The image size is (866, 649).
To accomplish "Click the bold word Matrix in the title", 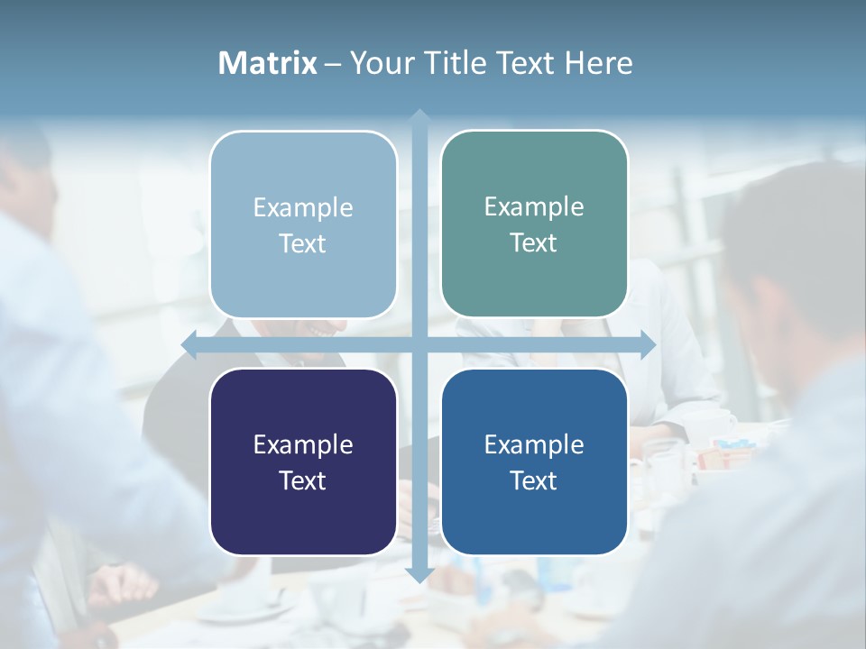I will [268, 63].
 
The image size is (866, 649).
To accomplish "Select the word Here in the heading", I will [599, 63].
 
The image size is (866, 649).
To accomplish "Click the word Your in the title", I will [380, 63].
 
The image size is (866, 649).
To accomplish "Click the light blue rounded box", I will [303, 224].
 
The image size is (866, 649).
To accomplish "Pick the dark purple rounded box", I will [303, 462].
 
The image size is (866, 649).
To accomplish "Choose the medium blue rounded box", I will [534, 462].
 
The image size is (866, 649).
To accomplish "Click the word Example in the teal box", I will [534, 206].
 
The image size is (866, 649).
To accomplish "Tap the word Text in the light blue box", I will [303, 243].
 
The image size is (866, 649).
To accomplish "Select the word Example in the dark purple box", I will [303, 444].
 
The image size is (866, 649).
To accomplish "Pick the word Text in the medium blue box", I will [534, 480].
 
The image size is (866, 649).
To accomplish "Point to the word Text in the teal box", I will [534, 242].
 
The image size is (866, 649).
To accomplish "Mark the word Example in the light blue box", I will [303, 207].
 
